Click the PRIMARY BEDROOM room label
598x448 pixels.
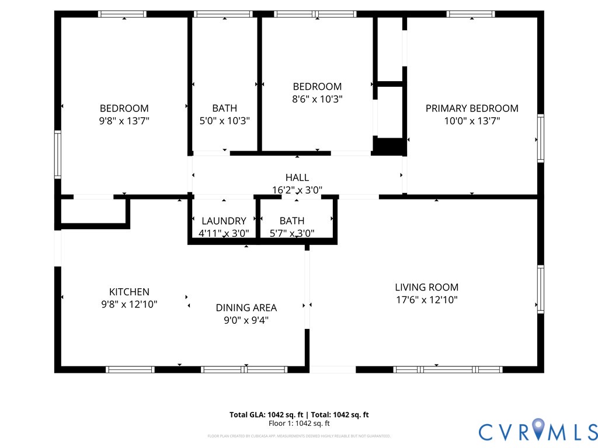tap(471, 108)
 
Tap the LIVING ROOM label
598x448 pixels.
tap(426, 287)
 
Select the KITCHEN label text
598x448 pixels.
tap(129, 292)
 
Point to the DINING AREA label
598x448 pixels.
tap(246, 307)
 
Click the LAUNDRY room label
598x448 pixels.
tap(224, 220)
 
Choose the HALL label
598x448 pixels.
tap(297, 177)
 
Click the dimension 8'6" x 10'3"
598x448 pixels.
tap(317, 99)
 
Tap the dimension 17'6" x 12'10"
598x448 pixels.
tap(426, 300)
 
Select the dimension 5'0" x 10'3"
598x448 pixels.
tap(224, 121)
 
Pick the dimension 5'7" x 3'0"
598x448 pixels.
tap(291, 233)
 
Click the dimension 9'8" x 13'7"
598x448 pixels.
tap(124, 121)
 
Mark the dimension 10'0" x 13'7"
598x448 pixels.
tap(471, 121)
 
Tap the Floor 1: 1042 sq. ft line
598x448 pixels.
tap(299, 423)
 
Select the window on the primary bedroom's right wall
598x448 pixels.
tap(540, 138)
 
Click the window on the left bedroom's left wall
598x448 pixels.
tap(58, 154)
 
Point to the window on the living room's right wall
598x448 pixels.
tap(540, 289)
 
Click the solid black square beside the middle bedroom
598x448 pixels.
tap(389, 146)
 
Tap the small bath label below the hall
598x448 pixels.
tap(291, 220)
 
